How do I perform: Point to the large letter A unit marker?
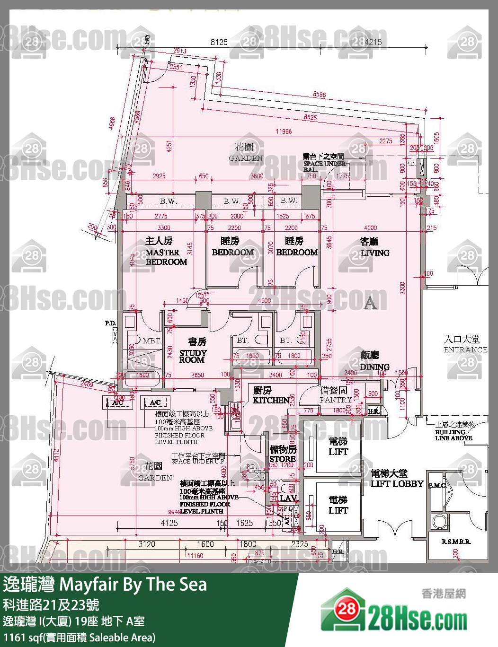[x=370, y=303]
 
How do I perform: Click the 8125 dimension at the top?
[x=219, y=42]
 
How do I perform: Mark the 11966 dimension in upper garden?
[x=284, y=131]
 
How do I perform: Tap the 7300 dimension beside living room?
[x=402, y=288]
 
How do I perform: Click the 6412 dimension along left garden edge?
[x=57, y=455]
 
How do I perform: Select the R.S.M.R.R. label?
[x=456, y=542]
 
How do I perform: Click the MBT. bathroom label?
[x=151, y=341]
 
